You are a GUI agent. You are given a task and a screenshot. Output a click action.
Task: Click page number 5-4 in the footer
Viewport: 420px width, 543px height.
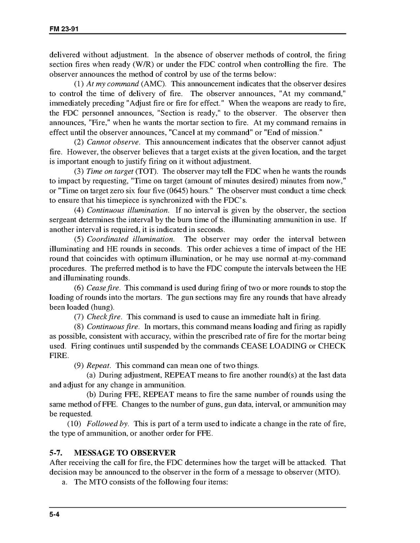(x=55, y=514)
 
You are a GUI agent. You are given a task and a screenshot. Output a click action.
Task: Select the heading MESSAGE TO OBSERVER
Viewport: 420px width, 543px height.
(x=125, y=453)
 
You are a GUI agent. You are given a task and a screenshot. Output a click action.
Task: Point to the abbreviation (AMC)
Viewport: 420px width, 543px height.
(x=153, y=84)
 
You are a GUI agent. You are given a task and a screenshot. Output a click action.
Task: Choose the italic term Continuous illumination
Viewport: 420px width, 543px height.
(x=128, y=210)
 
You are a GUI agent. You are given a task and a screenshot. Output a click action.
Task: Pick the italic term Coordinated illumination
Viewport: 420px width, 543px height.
(x=130, y=239)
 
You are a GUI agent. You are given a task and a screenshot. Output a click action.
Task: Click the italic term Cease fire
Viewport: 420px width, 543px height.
(x=103, y=288)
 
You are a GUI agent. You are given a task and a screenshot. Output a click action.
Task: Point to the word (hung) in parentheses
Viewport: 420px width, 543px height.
(x=104, y=307)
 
